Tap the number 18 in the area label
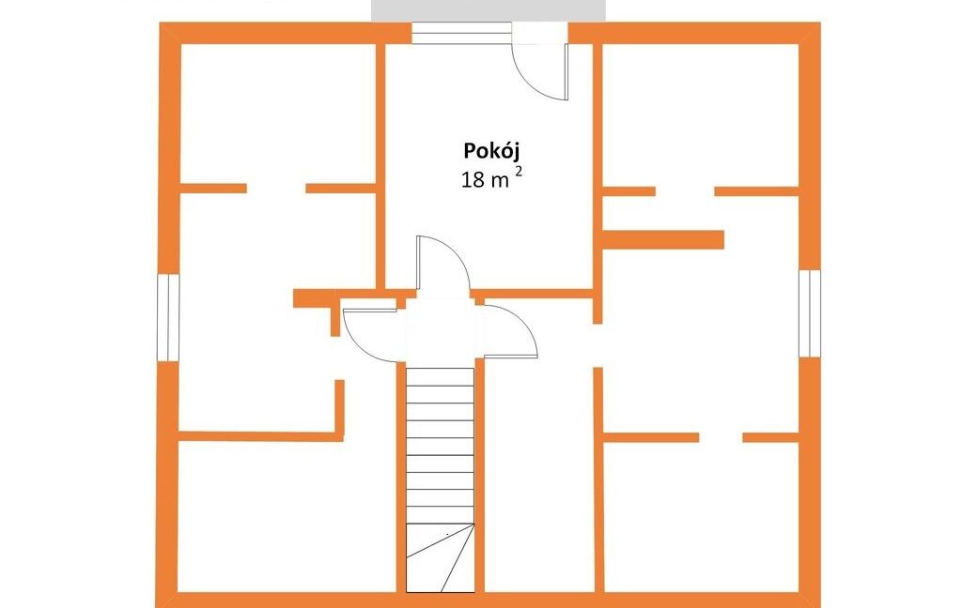pos(473,180)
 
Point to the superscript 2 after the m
pos(519,173)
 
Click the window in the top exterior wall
pos(461,33)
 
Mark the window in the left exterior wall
pos(168,317)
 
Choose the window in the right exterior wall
pos(810,313)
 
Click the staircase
pos(441,479)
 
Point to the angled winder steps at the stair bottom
pos(441,557)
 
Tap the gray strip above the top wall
pos(489,10)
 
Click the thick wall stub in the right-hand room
pos(663,239)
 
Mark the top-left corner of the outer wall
pos(160,23)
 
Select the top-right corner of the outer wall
pos(820,23)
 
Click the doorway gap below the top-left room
pos(276,189)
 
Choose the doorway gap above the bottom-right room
pos(721,437)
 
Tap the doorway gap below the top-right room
pos(685,191)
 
